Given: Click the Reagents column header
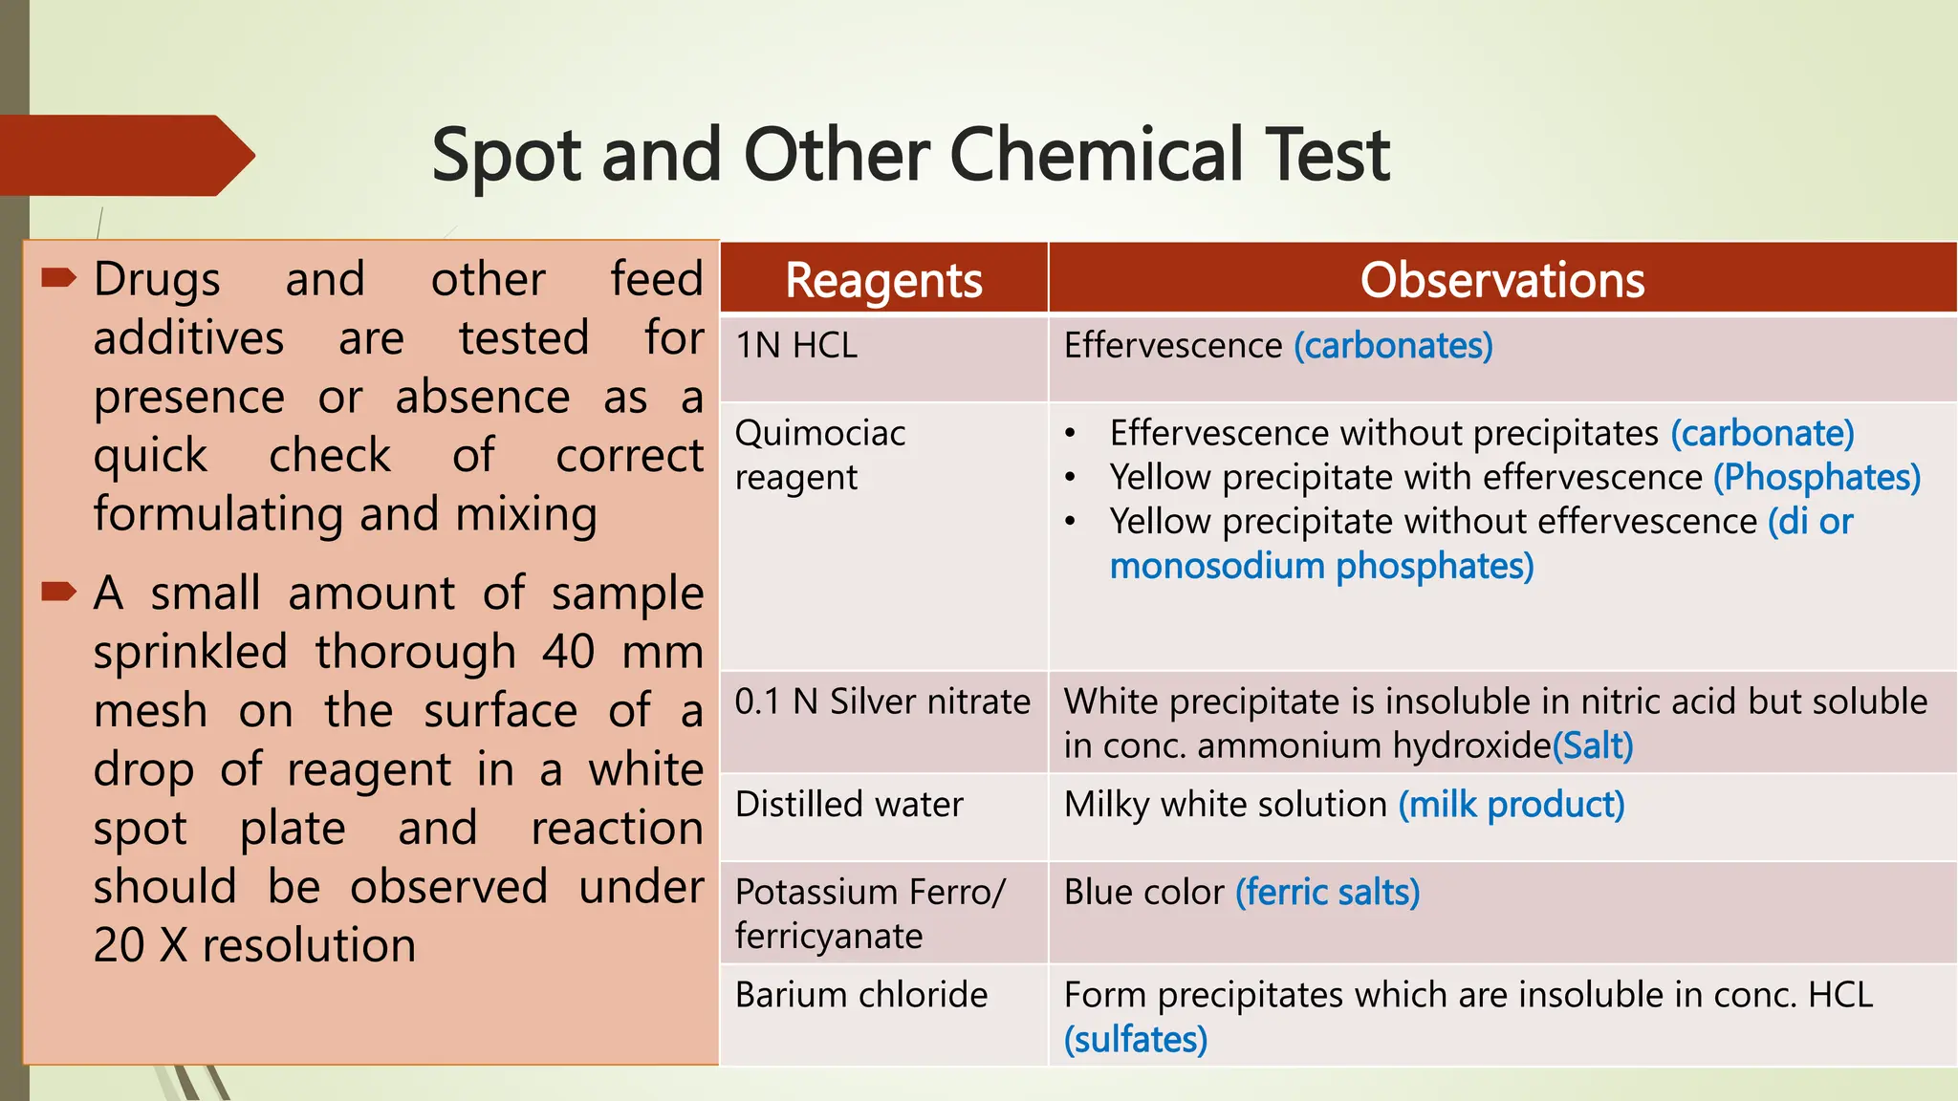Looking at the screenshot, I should [x=883, y=280].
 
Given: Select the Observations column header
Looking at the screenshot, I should [x=1502, y=280].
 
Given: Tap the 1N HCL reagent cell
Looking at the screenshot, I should [x=796, y=345].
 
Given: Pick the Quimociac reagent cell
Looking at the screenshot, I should [x=819, y=455].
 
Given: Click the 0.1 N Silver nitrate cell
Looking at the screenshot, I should [x=882, y=702].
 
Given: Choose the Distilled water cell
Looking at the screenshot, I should [x=849, y=805].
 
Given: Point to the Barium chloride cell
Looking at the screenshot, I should [x=860, y=995].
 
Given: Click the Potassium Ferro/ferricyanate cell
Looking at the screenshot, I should [x=870, y=914].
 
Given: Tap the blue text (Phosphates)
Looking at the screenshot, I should [x=1817, y=477].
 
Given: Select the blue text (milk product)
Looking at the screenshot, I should [x=1512, y=805].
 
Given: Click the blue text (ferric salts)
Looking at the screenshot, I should [x=1327, y=893].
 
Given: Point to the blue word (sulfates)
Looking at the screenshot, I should [x=1136, y=1040].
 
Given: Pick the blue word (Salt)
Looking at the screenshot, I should [x=1593, y=745].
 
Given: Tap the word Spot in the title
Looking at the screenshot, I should [x=506, y=155].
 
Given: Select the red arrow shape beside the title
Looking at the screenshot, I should [x=124, y=156].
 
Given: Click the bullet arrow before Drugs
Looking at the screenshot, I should [x=58, y=278].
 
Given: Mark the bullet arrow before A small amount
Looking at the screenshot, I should [x=58, y=592].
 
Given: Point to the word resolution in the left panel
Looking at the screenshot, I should [x=309, y=945].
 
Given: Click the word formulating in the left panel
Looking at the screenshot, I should [x=218, y=514].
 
